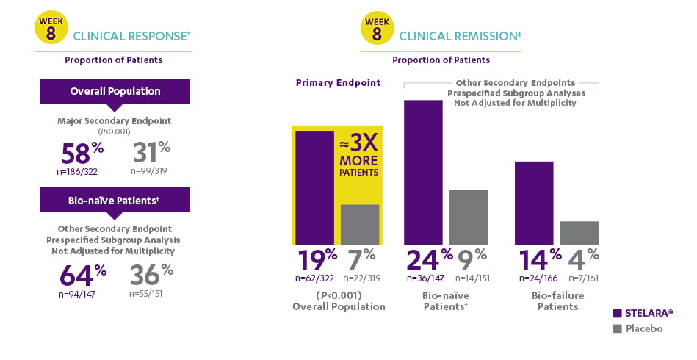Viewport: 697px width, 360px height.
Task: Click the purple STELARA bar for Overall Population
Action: click(x=314, y=187)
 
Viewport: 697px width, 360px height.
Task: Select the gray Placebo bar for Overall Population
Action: click(x=360, y=224)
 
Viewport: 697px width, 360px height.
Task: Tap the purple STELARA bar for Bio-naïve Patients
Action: click(x=424, y=172)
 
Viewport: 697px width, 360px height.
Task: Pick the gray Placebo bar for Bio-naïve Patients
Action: click(x=468, y=217)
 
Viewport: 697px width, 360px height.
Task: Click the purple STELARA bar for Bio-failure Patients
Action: click(x=534, y=203)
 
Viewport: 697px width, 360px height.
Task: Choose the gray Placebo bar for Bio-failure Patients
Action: click(x=579, y=232)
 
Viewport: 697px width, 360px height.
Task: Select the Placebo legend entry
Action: click(x=638, y=328)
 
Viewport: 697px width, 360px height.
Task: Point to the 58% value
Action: click(x=83, y=154)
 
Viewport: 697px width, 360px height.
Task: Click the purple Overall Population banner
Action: click(x=115, y=92)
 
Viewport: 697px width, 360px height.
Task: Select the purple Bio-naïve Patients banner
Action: click(x=115, y=199)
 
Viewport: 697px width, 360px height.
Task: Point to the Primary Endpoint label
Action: click(x=338, y=83)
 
